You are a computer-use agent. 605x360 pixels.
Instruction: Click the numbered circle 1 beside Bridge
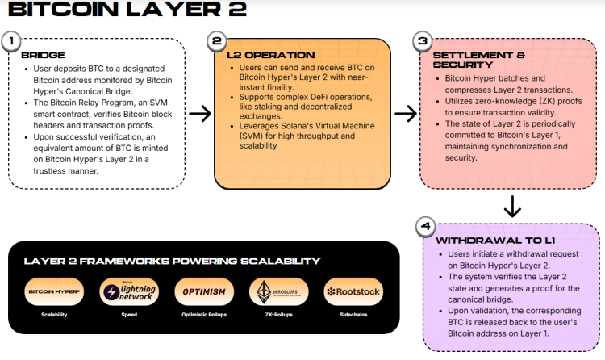coord(10,40)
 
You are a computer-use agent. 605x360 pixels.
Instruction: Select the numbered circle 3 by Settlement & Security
coord(421,40)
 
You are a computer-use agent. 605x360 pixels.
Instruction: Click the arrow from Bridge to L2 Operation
coord(199,115)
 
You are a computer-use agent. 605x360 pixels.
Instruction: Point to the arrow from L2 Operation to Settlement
coord(406,115)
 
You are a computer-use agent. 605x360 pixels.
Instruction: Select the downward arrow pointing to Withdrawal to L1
coord(511,207)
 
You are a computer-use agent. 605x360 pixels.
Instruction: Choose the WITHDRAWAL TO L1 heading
coord(487,241)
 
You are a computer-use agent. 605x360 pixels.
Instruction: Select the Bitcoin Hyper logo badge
coord(54,291)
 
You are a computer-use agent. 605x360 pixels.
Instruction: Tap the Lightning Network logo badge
coord(129,291)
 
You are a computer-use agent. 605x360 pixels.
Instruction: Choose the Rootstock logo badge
coord(354,291)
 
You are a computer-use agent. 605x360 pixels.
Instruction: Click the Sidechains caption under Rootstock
coord(354,314)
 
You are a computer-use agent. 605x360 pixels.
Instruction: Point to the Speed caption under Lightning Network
coord(129,314)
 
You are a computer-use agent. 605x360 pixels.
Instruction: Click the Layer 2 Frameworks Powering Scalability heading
coord(172,261)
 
